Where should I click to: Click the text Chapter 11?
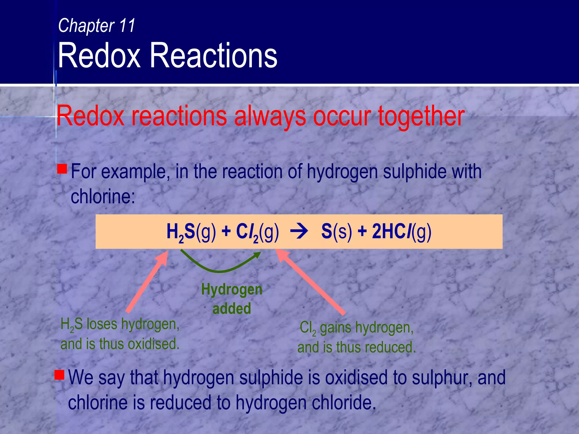click(x=96, y=26)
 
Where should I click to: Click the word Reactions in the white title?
click(x=213, y=56)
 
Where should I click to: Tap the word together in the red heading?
click(x=421, y=116)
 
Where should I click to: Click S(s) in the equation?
click(x=336, y=232)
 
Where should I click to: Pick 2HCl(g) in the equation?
click(x=401, y=232)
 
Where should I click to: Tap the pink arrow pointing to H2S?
click(x=147, y=283)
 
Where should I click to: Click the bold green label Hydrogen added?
click(x=232, y=299)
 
